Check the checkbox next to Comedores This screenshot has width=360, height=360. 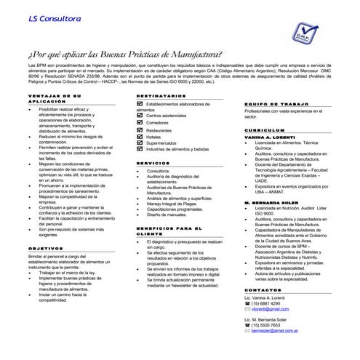coord(141,122)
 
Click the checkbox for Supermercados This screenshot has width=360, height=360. coord(141,143)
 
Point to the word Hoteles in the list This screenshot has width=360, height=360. coord(153,136)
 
